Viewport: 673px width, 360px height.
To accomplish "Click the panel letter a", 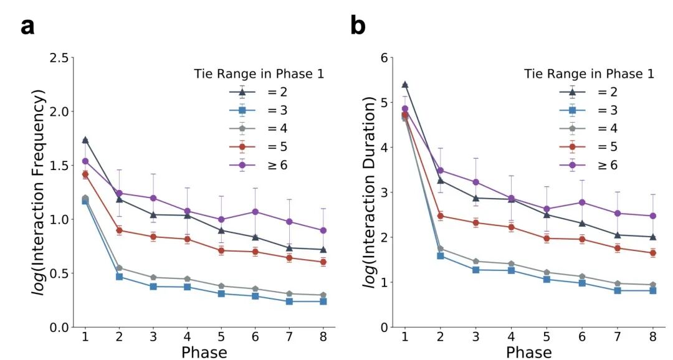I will click(27, 27).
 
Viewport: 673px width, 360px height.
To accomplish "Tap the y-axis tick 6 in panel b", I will click(384, 58).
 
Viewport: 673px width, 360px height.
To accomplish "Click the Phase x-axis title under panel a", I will click(204, 352).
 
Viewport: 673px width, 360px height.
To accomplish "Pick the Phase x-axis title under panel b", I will click(528, 352).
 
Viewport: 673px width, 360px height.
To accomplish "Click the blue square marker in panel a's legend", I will click(242, 110).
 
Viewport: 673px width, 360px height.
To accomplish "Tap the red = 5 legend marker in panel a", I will click(242, 147).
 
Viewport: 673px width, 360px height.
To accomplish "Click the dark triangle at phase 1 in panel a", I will click(85, 140).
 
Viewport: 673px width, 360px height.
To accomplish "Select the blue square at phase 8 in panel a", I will click(323, 301).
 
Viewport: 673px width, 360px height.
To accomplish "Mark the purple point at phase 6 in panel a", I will click(255, 212).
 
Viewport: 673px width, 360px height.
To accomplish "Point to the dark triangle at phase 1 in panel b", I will click(404, 85).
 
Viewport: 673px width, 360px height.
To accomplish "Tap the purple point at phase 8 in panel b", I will click(653, 216).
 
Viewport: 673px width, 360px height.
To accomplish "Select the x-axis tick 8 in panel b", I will click(653, 336).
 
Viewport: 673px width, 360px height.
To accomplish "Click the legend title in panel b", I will click(589, 74).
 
